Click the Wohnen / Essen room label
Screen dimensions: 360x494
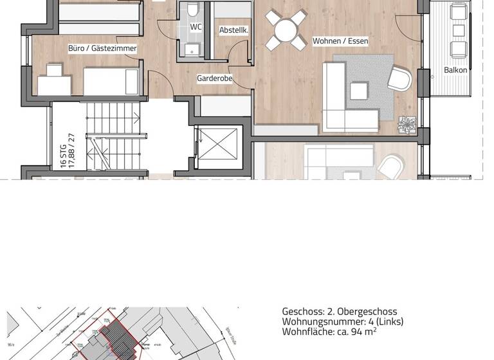340,41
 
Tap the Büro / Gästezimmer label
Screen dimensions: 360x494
102,48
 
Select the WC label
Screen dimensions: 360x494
196,27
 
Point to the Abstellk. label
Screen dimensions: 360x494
234,30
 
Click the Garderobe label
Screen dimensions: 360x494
214,78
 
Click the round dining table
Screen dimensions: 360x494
285,29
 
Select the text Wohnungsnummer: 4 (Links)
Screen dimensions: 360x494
342,321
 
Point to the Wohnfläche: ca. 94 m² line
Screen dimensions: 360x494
329,332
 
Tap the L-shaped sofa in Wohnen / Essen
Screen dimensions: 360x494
342,96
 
